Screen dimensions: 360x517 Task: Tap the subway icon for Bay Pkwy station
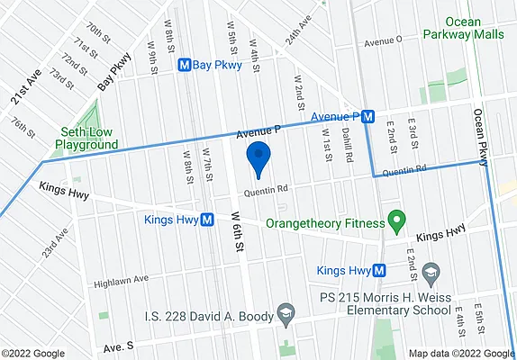click(185, 65)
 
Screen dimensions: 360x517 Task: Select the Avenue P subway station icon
click(367, 117)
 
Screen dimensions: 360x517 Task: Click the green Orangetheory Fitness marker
click(394, 220)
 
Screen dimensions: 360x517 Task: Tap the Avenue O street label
click(383, 40)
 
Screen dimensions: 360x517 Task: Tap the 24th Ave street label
click(298, 30)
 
